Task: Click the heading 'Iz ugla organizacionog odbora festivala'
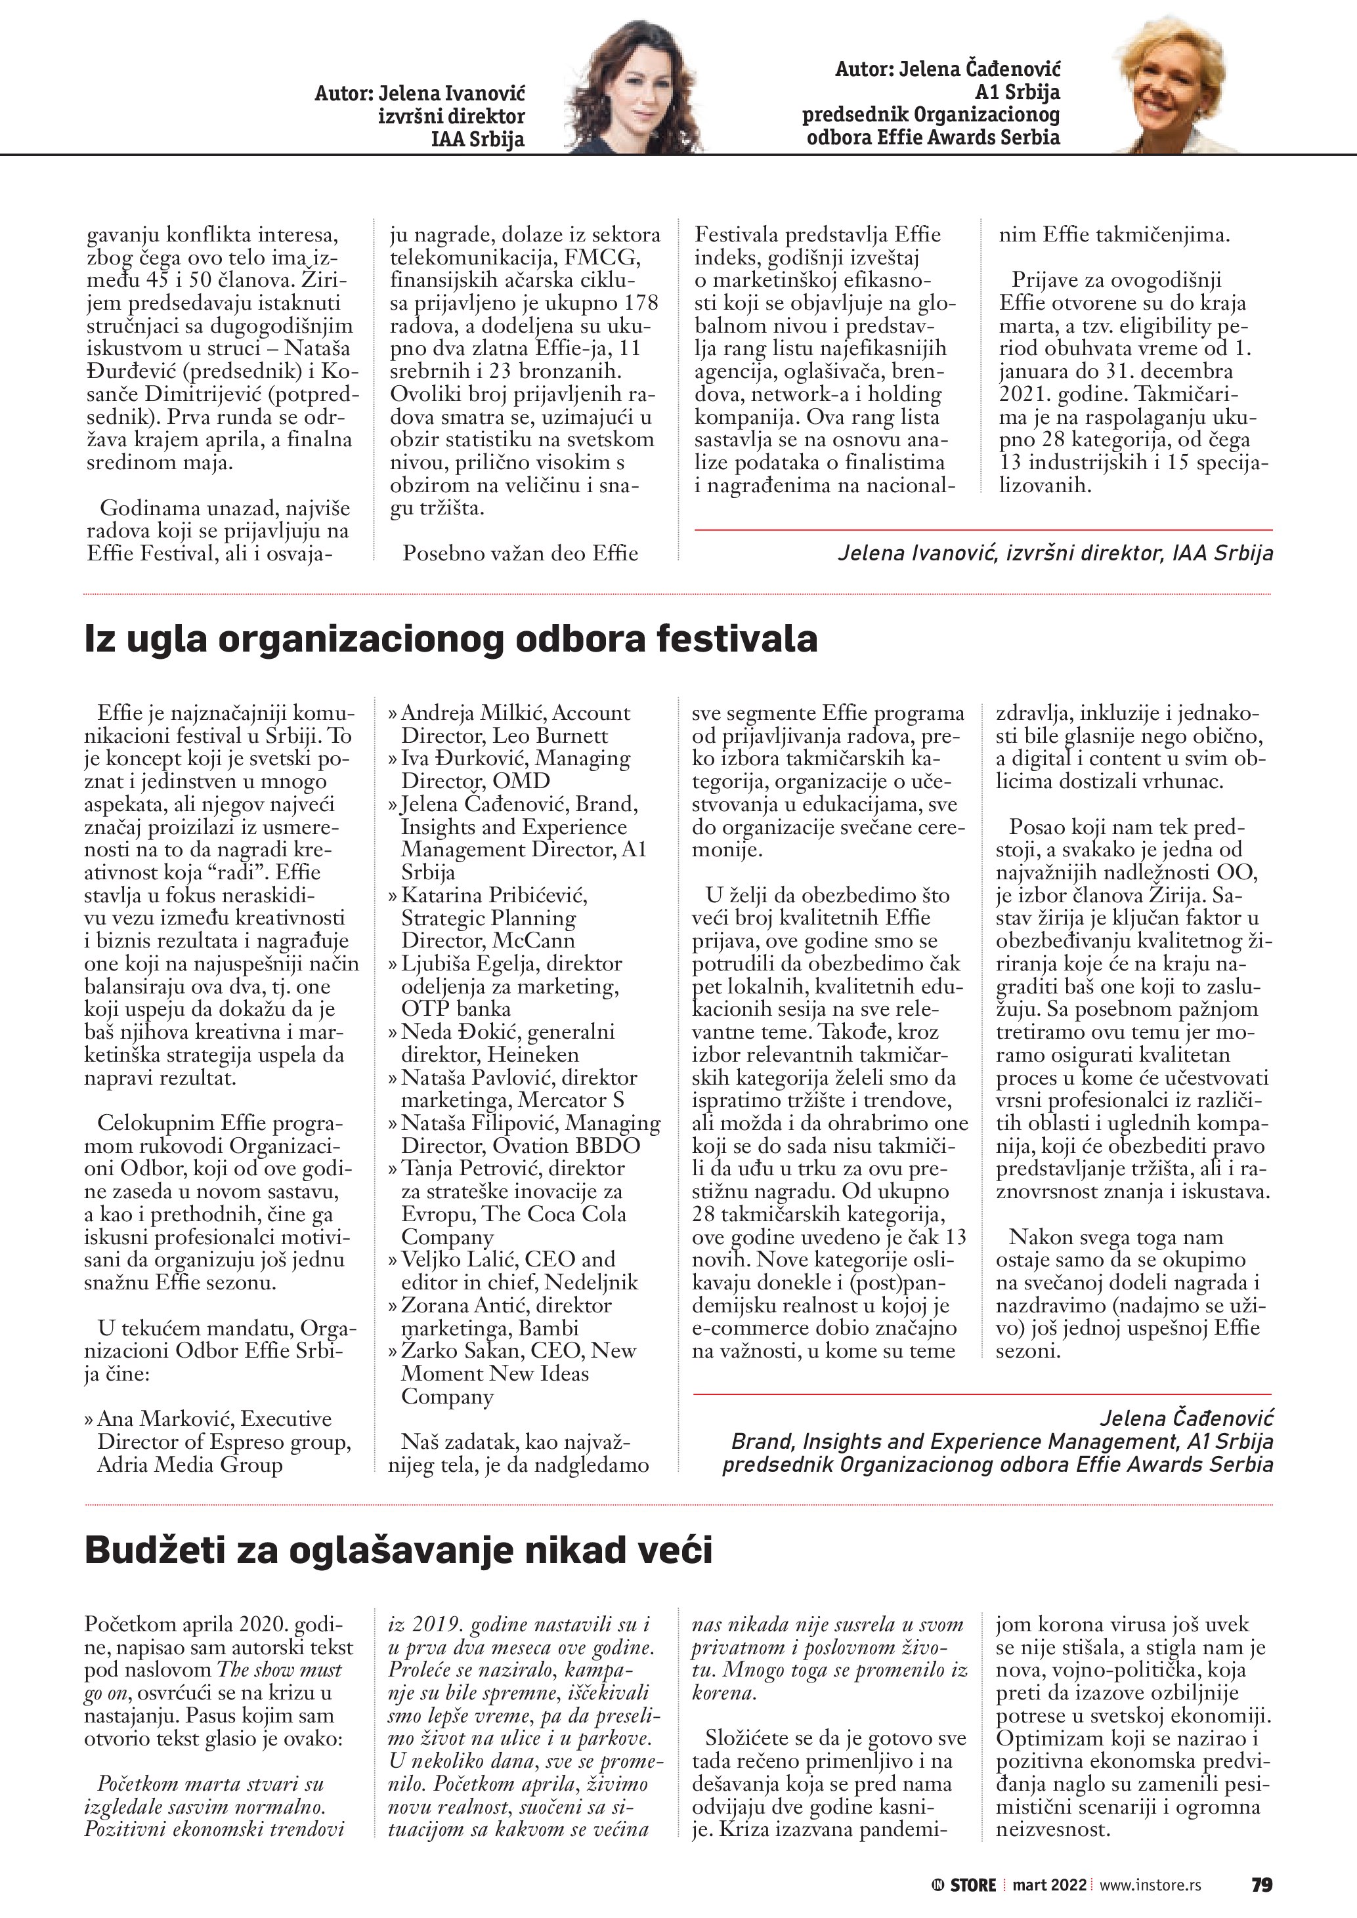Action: [x=450, y=639]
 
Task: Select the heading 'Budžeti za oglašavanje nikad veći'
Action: [x=398, y=1551]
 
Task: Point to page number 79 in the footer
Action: [x=1261, y=1885]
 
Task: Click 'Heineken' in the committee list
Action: [x=533, y=1054]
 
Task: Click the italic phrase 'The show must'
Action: [x=279, y=1670]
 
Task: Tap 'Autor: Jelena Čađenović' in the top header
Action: [x=947, y=70]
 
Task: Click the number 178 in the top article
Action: [x=641, y=303]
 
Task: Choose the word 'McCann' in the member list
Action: [x=533, y=940]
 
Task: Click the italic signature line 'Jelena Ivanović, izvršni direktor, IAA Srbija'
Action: [x=1056, y=552]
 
